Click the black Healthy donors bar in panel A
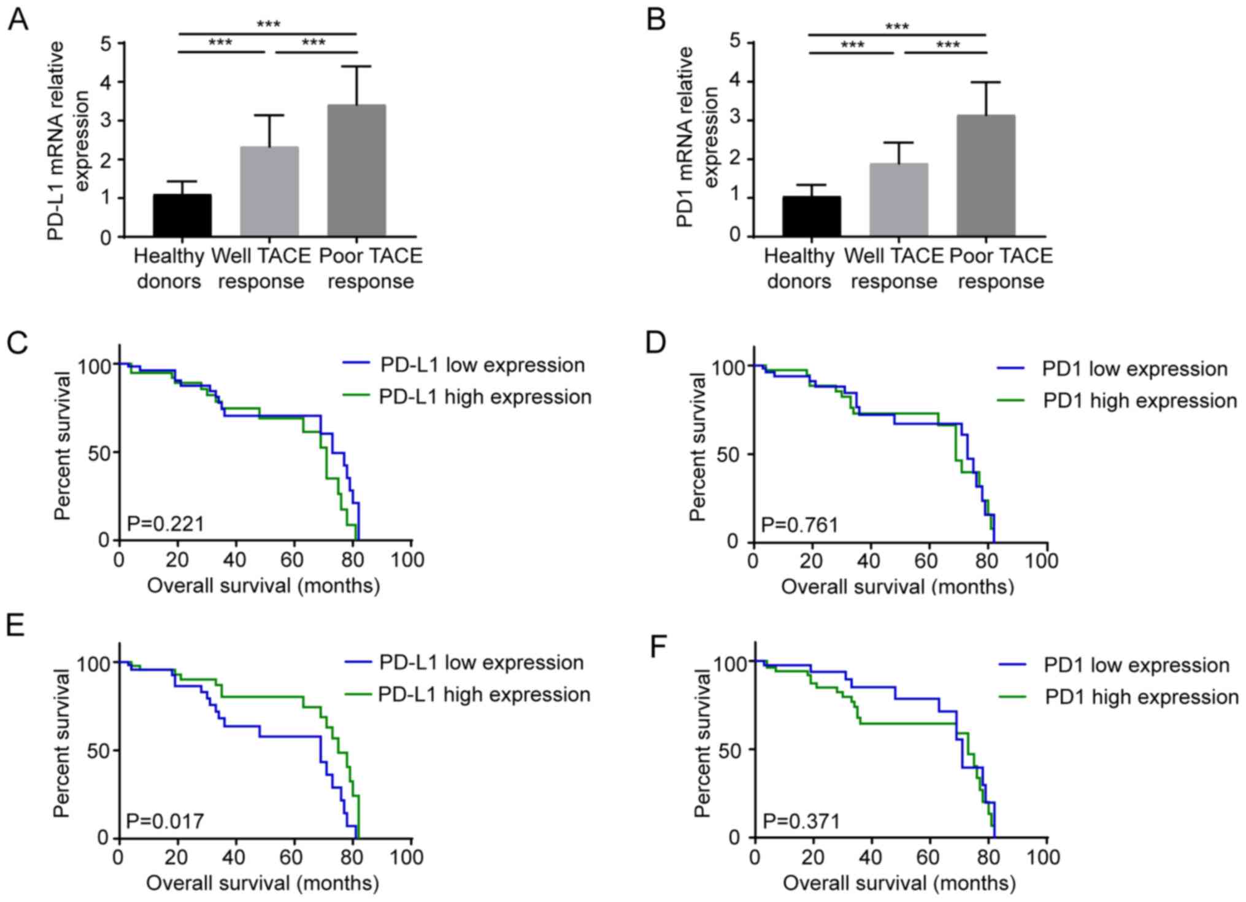182,215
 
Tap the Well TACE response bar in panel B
899,199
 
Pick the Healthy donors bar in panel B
812,216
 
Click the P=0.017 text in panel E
165,820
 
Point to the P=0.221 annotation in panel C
165,523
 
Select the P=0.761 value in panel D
799,525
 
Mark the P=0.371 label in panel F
801,821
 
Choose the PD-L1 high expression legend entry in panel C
467,397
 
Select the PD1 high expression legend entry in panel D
1117,401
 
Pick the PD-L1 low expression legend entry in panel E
464,663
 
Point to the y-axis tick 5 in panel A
107,44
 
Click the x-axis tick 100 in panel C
408,560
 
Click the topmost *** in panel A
268,25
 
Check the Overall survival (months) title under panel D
897,587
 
